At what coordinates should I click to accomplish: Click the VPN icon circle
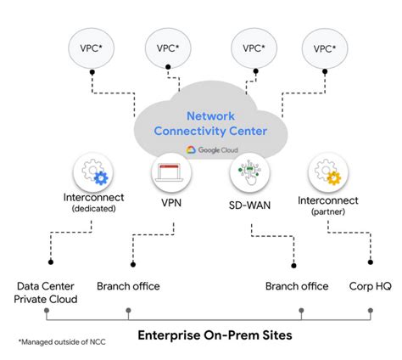pyautogui.click(x=170, y=173)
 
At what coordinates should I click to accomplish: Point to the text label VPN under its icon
pyautogui.click(x=170, y=205)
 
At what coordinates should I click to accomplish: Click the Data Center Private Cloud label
pyautogui.click(x=47, y=293)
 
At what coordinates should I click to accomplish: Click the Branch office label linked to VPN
pyautogui.click(x=128, y=286)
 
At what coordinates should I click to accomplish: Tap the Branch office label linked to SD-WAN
pyautogui.click(x=296, y=286)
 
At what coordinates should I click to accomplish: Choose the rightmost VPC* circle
pyautogui.click(x=323, y=49)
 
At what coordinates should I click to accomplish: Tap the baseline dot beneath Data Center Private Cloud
pyautogui.click(x=47, y=311)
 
